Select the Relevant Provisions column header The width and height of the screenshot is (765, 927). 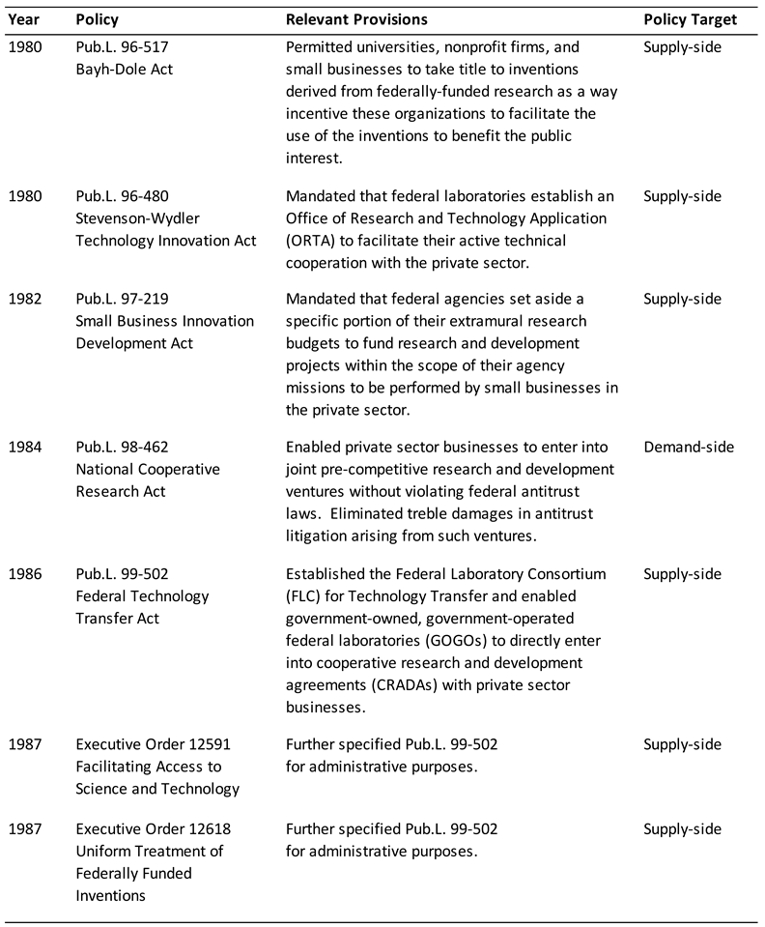click(356, 19)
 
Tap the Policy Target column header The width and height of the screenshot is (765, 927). click(690, 19)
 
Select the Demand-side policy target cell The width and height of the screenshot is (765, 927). click(689, 447)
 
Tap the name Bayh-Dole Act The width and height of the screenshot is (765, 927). click(125, 69)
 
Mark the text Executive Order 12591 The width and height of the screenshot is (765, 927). click(154, 744)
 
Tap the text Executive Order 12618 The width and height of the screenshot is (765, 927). click(154, 829)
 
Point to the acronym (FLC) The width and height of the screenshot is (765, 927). click(306, 596)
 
